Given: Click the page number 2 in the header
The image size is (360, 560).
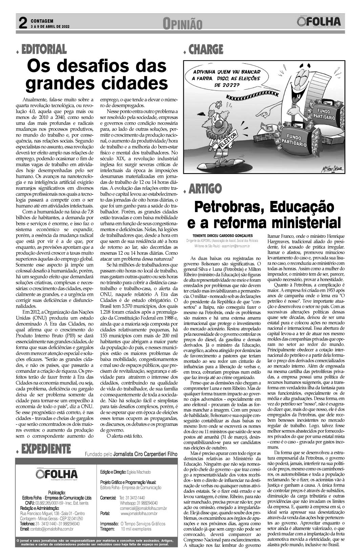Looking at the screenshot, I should [22, 23].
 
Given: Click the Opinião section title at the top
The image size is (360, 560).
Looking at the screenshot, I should [182, 24].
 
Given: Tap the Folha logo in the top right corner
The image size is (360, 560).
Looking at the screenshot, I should [318, 22].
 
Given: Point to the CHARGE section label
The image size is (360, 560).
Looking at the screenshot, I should [206, 50].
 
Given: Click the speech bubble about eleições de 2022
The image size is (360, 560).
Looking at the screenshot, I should [226, 79].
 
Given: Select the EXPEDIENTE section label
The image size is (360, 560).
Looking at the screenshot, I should [46, 449].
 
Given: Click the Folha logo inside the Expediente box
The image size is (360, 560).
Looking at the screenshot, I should [57, 474].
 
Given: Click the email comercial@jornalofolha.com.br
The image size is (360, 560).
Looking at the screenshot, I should [143, 508].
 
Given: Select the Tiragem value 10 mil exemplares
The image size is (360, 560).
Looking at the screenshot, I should [136, 529].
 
